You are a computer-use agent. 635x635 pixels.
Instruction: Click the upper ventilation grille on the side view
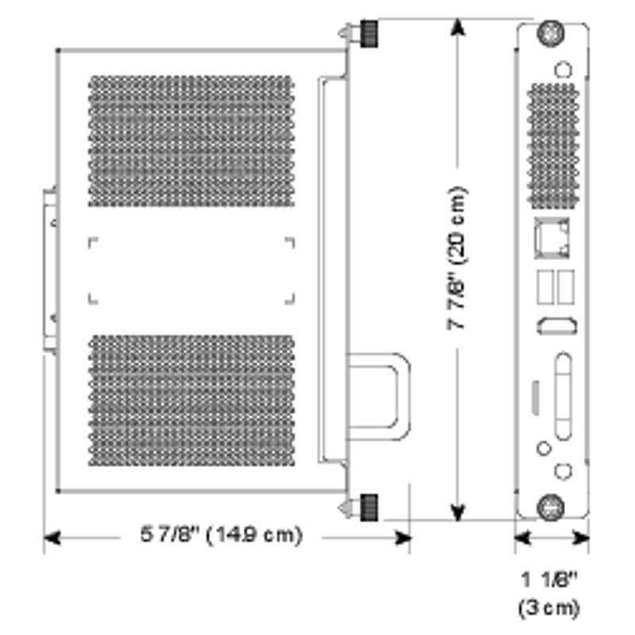[190, 140]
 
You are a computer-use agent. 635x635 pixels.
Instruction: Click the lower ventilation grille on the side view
[190, 399]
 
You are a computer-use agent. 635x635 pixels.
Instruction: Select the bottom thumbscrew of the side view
[368, 506]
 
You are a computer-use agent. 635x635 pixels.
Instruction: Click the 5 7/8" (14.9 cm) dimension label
[221, 536]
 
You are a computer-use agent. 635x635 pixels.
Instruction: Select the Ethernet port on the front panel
[556, 236]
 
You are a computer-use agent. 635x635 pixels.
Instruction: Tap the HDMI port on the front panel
[556, 325]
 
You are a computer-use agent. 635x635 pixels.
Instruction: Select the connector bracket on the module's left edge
[50, 270]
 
